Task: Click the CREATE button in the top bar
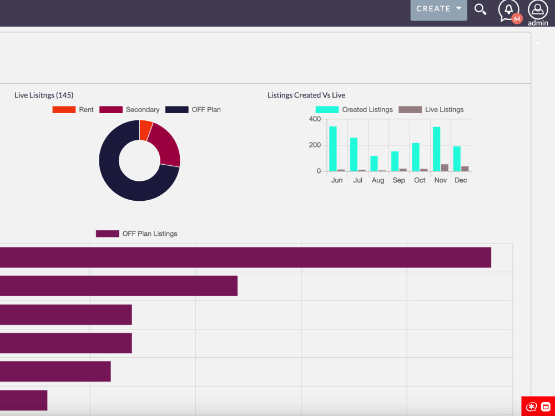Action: [438, 9]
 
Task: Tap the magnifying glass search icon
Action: [481, 9]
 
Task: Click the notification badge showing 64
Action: [517, 19]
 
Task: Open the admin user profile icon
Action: [538, 10]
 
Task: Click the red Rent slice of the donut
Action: [145, 130]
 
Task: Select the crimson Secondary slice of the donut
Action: [166, 145]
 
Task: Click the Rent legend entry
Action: [73, 110]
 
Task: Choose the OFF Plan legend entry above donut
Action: [193, 110]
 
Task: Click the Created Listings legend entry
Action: [354, 110]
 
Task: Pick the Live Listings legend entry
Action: [431, 110]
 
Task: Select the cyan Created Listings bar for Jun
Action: [333, 149]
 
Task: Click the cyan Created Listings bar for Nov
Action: [437, 149]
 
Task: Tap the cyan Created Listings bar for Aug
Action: [374, 164]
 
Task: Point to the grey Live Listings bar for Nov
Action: [445, 168]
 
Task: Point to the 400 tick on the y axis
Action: [315, 119]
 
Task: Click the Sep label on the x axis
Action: [398, 180]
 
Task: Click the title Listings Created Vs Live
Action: [306, 95]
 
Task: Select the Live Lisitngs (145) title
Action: [44, 95]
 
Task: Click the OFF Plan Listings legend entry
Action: [137, 234]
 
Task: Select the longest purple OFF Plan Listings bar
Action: [244, 257]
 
